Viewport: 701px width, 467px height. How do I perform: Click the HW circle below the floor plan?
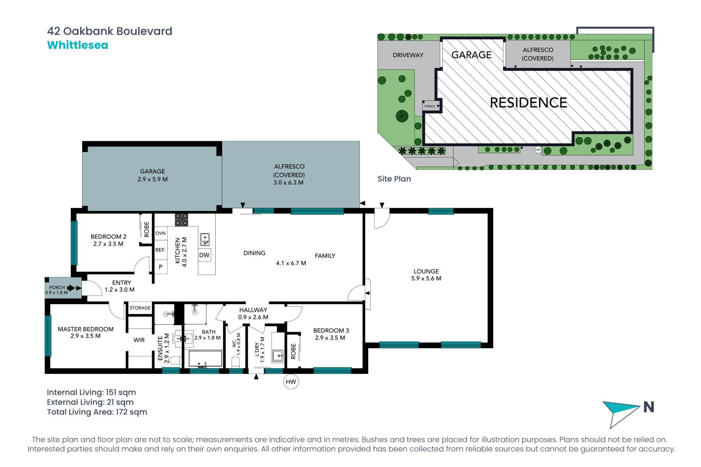click(x=291, y=382)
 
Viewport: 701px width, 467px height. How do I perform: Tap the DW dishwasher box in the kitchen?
click(x=204, y=255)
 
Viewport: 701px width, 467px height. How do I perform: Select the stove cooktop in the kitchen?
click(x=181, y=220)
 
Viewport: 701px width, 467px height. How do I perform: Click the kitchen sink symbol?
click(x=205, y=239)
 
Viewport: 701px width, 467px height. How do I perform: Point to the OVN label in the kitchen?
click(x=161, y=233)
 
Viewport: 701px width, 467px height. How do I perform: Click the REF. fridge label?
click(x=160, y=250)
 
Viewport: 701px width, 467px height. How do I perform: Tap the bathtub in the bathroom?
click(x=205, y=359)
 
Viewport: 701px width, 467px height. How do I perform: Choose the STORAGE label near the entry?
click(x=140, y=308)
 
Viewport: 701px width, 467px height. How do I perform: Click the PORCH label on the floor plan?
click(x=57, y=287)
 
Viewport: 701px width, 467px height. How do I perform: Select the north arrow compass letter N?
click(x=649, y=407)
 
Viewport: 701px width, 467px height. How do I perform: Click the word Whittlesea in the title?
click(x=78, y=45)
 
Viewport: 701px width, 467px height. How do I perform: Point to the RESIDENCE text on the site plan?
click(x=528, y=103)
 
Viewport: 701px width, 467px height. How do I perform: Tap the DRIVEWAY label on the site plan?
click(x=408, y=55)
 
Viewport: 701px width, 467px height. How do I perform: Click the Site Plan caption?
click(x=394, y=179)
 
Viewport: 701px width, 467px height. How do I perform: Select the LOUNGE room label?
click(x=426, y=271)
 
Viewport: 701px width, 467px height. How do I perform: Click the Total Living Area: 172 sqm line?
click(x=97, y=412)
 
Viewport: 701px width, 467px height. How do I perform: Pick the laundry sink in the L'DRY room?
click(x=278, y=355)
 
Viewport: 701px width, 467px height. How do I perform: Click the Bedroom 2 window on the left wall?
click(x=74, y=243)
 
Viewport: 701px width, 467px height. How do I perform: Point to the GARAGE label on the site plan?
click(x=471, y=55)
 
